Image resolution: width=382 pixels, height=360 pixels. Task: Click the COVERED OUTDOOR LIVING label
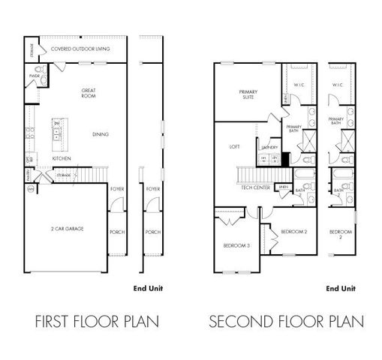pos(80,49)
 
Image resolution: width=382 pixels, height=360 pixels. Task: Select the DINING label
pos(101,134)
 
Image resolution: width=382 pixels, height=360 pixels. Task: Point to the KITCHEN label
pos(62,159)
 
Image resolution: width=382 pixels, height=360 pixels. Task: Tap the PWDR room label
pos(35,76)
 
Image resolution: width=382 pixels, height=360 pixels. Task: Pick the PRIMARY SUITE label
pos(248,94)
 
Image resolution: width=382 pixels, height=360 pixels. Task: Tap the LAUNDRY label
pos(271,148)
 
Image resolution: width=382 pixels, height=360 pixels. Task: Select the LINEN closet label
pos(283,186)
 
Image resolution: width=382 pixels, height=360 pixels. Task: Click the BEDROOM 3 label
pos(236,246)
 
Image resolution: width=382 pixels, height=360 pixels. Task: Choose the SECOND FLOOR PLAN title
pos(286,322)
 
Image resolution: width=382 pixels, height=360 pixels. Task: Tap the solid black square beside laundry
pos(284,158)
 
